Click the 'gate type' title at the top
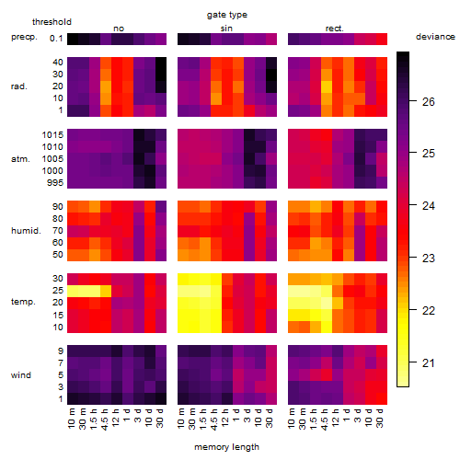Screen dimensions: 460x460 (x=227, y=15)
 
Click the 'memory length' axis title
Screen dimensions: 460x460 (x=226, y=447)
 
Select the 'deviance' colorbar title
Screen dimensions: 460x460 (x=435, y=37)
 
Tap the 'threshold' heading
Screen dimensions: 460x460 (x=52, y=22)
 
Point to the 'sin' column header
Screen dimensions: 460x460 (x=226, y=29)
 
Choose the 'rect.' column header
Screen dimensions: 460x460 (x=334, y=29)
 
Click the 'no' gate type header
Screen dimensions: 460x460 (x=119, y=29)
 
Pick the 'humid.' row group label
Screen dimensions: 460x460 (x=26, y=231)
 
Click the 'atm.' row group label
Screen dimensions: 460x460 (x=20, y=159)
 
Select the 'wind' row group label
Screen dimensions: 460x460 (x=21, y=375)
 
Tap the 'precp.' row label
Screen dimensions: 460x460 (x=24, y=37)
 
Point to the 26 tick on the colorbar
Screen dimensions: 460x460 (x=429, y=102)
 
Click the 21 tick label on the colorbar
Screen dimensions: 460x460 (x=429, y=363)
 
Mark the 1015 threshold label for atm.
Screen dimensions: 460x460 (x=52, y=135)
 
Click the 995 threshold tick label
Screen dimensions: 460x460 (x=55, y=183)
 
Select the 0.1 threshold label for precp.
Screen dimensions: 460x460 (x=56, y=39)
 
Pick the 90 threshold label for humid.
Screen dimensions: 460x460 (x=58, y=207)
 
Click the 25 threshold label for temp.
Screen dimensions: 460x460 (x=58, y=291)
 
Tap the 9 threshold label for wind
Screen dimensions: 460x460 (x=61, y=351)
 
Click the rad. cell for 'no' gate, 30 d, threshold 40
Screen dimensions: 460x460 (x=161, y=63)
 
